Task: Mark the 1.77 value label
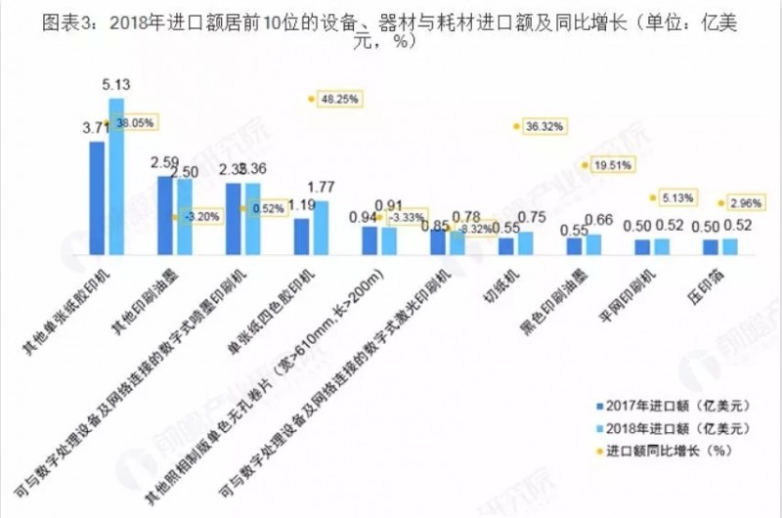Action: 323,188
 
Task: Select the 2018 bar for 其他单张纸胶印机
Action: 117,176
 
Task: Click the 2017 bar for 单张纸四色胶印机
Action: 301,236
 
